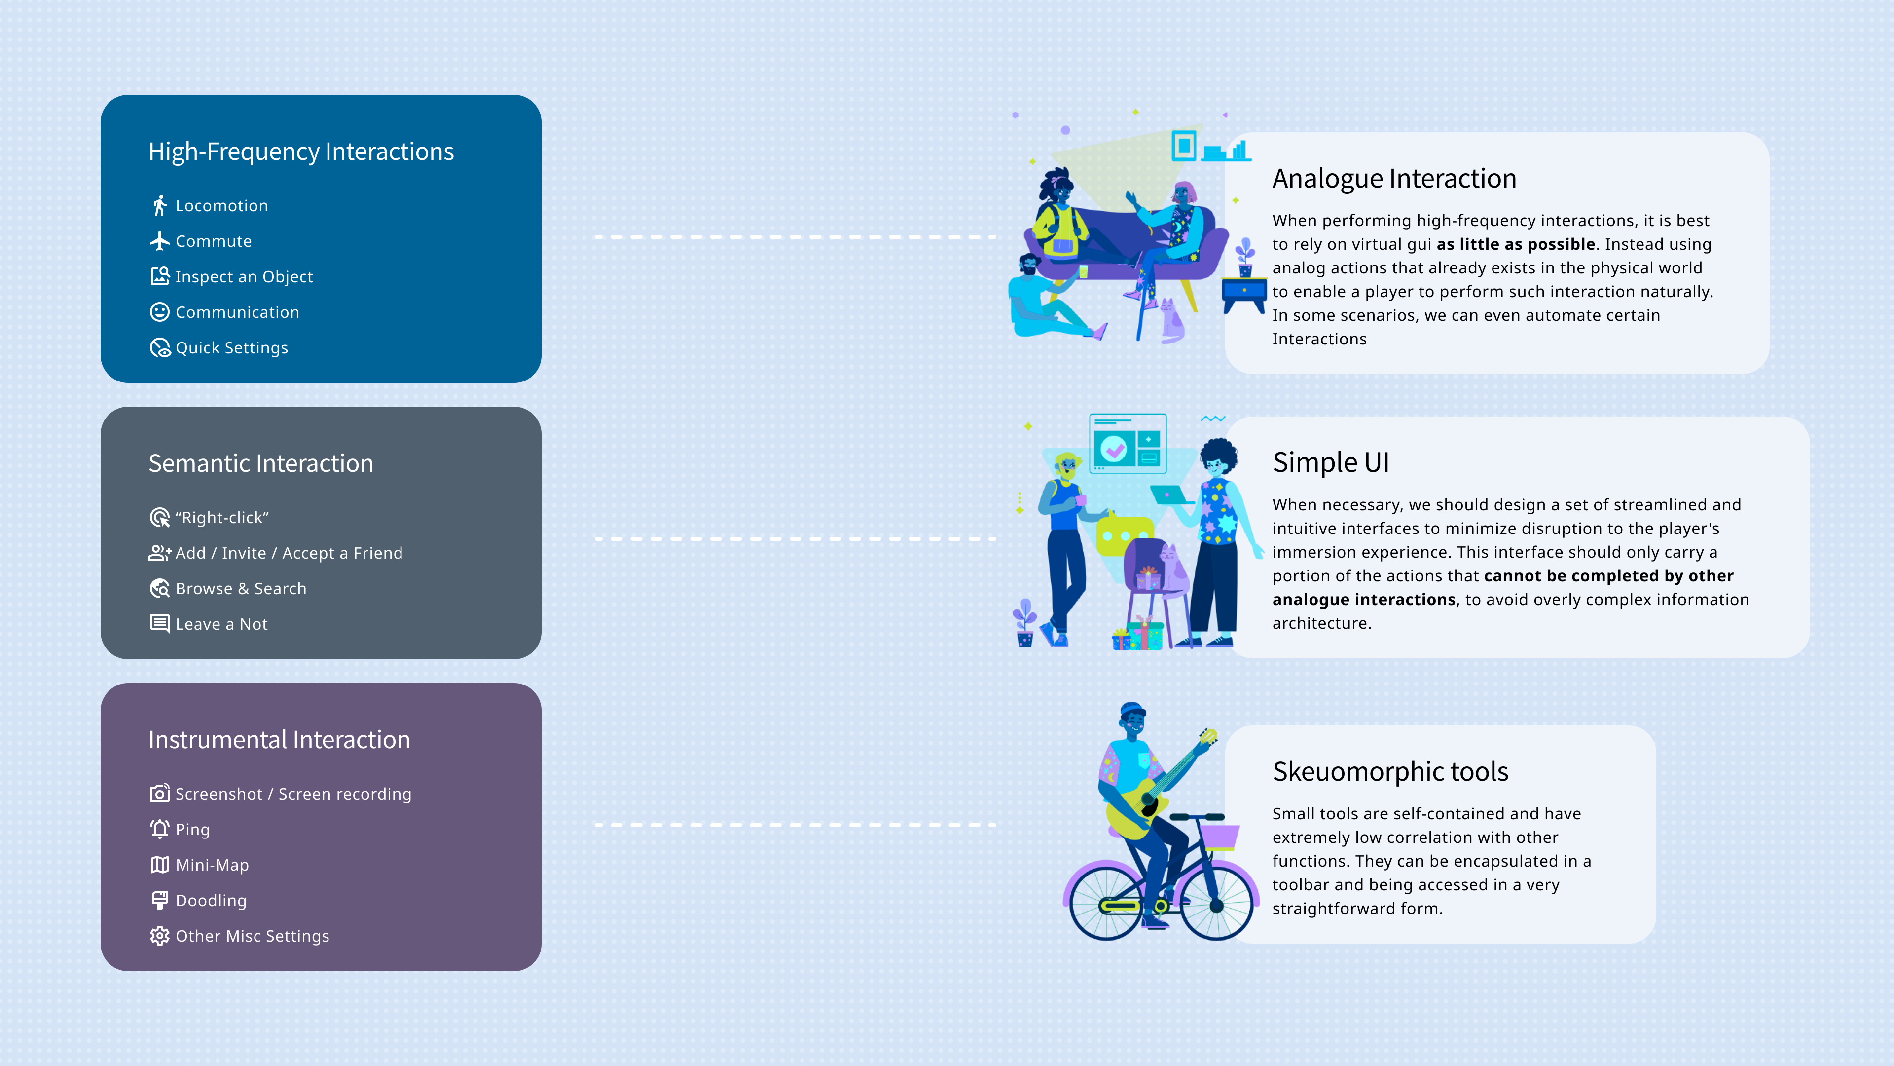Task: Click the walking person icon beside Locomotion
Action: click(159, 206)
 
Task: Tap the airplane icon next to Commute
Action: click(159, 241)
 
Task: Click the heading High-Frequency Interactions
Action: click(301, 151)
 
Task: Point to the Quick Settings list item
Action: click(232, 348)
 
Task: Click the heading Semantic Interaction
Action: click(260, 463)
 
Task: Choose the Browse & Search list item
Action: click(240, 589)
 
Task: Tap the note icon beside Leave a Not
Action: click(159, 624)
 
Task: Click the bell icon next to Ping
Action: click(159, 829)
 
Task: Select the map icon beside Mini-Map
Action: click(159, 865)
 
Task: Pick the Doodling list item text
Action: click(211, 901)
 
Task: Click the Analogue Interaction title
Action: click(1394, 179)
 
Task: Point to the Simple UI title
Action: click(1331, 463)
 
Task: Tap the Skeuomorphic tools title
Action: click(1389, 772)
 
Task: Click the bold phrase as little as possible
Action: click(1515, 244)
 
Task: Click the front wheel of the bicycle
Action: click(1216, 905)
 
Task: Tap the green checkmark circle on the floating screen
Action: click(1114, 449)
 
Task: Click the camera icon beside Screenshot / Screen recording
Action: click(159, 794)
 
